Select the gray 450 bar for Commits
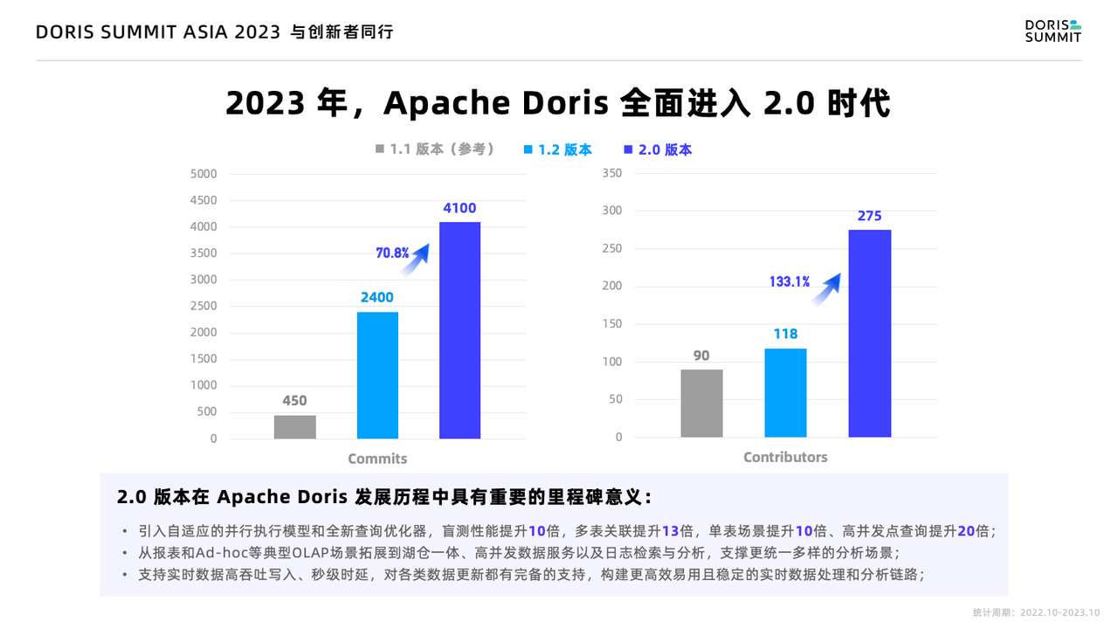pyautogui.click(x=294, y=426)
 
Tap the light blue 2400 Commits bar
pyautogui.click(x=377, y=375)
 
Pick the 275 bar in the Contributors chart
pyautogui.click(x=870, y=333)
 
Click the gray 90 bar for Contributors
pyautogui.click(x=701, y=403)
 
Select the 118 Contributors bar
pyautogui.click(x=785, y=392)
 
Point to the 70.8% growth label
pyautogui.click(x=392, y=253)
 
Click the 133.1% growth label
pyautogui.click(x=789, y=281)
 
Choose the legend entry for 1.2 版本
pyautogui.click(x=557, y=149)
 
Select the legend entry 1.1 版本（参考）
pyautogui.click(x=435, y=149)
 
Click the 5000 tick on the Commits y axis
pyautogui.click(x=204, y=174)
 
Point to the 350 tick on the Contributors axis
pyautogui.click(x=612, y=173)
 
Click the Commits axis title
pyautogui.click(x=377, y=459)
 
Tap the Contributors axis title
pyautogui.click(x=785, y=457)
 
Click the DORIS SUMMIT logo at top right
pyautogui.click(x=1052, y=31)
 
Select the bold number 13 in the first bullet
pyautogui.click(x=670, y=531)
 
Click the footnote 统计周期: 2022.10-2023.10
pyautogui.click(x=1036, y=612)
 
